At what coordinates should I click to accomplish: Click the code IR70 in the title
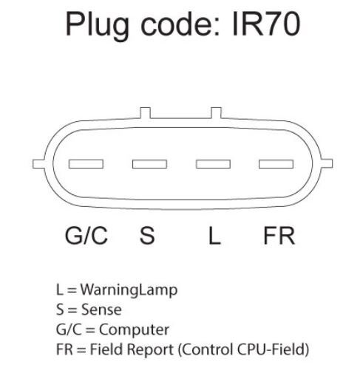266,24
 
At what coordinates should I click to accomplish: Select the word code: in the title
180,24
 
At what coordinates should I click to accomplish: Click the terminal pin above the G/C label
86,164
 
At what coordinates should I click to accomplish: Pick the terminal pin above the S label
149,164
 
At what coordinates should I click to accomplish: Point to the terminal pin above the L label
213,164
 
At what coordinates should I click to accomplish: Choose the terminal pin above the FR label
276,164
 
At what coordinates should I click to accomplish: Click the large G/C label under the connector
86,236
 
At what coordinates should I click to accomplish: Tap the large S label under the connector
147,236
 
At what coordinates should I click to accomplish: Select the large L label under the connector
214,236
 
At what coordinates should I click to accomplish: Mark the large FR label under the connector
279,236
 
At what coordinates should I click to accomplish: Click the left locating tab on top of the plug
145,113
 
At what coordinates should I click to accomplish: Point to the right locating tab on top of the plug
216,113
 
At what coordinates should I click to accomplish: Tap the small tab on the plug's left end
38,164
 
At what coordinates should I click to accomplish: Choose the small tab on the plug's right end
327,163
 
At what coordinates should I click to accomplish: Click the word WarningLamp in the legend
129,290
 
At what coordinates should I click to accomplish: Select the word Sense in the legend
101,310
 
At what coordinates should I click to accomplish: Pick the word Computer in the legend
134,330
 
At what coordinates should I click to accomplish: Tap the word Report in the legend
151,350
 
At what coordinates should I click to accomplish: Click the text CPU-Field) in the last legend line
273,349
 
